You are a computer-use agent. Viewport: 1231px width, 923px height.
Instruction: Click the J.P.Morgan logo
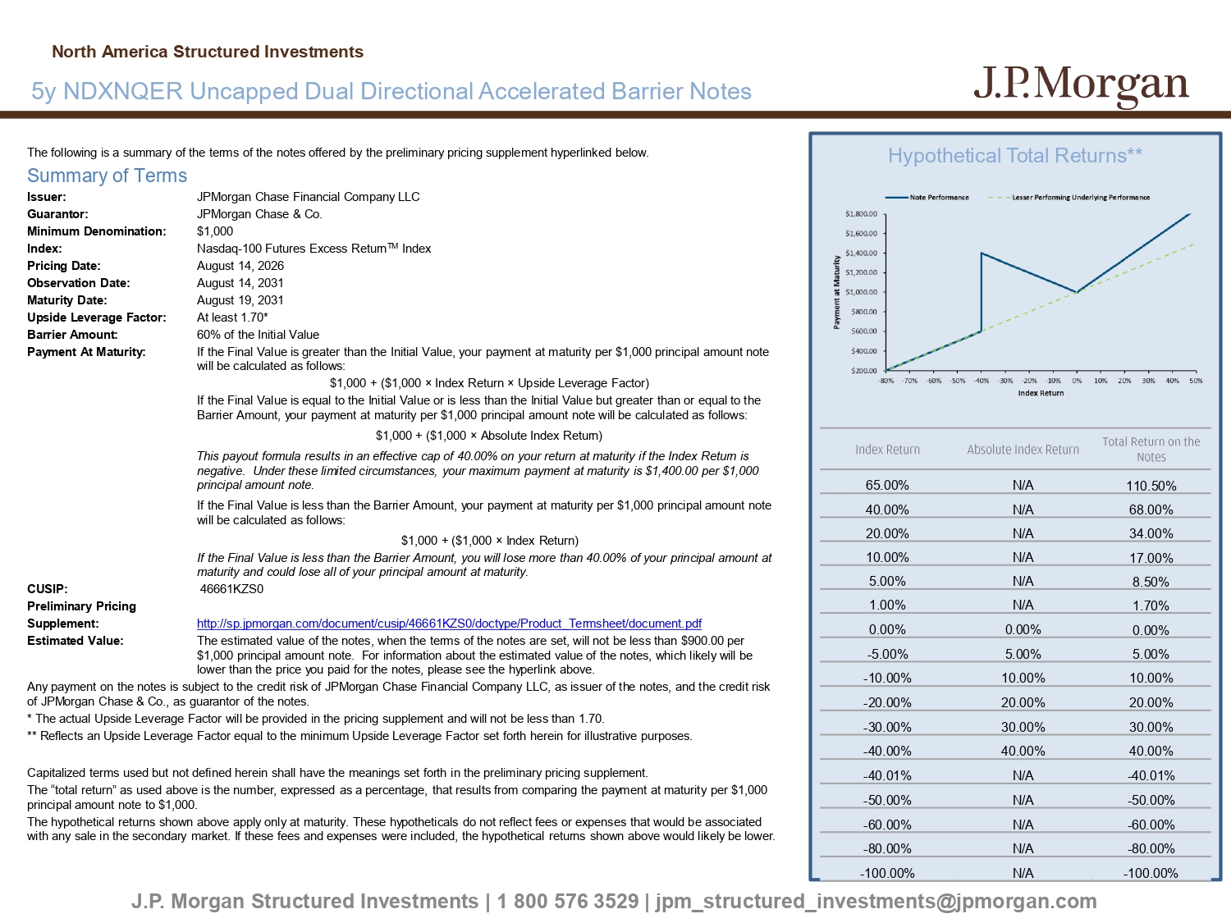[x=1081, y=86]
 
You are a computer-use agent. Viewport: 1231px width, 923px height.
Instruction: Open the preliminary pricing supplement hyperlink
[x=449, y=624]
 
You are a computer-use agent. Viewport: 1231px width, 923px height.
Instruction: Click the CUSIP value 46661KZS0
[x=231, y=588]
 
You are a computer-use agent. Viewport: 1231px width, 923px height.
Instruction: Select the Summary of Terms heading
[x=108, y=176]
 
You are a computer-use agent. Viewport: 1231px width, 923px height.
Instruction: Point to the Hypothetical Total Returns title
[x=1014, y=155]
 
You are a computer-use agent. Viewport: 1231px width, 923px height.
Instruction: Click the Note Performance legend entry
[x=927, y=197]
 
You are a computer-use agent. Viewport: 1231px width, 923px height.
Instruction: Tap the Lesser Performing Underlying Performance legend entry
[x=1069, y=197]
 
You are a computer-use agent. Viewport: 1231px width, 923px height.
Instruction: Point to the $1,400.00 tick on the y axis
[x=862, y=253]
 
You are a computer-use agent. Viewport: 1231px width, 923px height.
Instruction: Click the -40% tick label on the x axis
[x=982, y=381]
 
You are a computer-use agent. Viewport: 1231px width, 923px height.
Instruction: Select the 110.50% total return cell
[x=1151, y=486]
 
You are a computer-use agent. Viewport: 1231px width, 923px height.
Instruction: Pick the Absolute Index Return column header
[x=1023, y=450]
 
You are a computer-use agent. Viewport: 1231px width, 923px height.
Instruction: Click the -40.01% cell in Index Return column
[x=887, y=775]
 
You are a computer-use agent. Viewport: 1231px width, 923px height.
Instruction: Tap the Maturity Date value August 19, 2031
[x=240, y=299]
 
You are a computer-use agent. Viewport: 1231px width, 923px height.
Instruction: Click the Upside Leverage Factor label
[x=97, y=318]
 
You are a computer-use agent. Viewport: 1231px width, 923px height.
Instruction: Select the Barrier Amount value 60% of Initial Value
[x=258, y=335]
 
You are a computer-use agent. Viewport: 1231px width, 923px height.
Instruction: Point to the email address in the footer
[x=876, y=901]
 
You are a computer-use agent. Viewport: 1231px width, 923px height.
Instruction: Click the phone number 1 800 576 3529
[x=568, y=901]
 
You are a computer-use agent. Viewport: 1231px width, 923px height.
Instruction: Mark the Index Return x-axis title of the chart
[x=1041, y=393]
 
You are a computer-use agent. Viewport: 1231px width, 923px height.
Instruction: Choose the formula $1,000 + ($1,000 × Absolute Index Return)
[x=489, y=436]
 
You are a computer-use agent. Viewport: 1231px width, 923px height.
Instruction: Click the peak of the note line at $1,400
[x=982, y=253]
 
